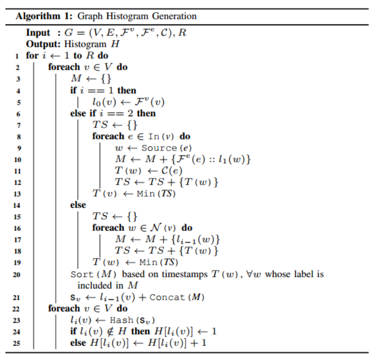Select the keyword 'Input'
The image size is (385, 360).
point(38,33)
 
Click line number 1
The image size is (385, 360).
point(18,55)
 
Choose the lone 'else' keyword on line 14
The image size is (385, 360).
point(78,204)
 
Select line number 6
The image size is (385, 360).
point(18,113)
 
